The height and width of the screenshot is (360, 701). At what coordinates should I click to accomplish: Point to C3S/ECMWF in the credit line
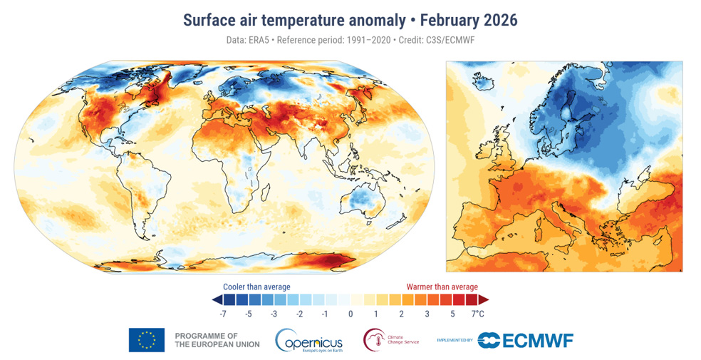(447, 40)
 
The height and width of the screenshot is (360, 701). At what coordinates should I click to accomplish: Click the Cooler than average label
(256, 287)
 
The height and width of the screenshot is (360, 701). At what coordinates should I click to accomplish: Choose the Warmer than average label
(442, 287)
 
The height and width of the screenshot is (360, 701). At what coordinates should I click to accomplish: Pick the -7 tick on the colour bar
(223, 314)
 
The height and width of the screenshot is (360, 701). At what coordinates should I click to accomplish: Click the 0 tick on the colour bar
(350, 314)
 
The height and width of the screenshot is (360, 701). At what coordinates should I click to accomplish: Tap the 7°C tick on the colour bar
(477, 314)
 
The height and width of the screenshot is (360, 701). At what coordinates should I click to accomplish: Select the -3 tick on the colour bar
(274, 314)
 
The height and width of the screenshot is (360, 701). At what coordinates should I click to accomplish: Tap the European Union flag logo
(146, 340)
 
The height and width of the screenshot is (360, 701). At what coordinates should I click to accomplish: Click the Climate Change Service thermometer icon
(373, 339)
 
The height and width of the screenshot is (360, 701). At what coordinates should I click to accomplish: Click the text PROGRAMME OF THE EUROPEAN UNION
(217, 340)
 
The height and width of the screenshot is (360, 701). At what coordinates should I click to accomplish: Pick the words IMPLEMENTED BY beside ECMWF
(455, 341)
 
